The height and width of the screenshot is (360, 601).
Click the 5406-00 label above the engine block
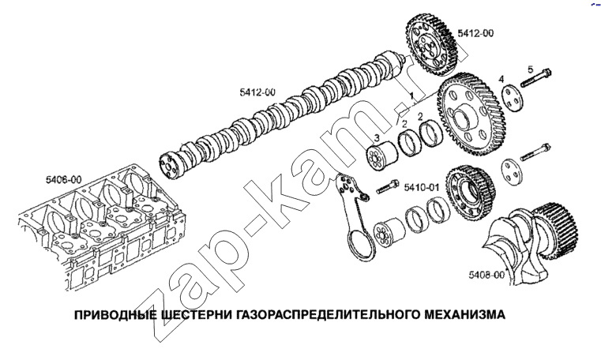[64, 180]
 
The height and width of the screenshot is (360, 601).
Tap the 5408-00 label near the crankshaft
[486, 275]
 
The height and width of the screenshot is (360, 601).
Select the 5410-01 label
[422, 187]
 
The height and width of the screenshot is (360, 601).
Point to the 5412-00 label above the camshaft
[257, 92]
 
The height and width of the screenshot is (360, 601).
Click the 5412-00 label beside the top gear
[475, 33]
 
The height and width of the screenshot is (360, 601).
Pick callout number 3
[377, 137]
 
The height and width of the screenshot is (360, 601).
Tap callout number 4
[501, 79]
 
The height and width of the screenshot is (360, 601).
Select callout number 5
[531, 69]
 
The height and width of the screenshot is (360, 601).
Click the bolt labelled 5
[535, 77]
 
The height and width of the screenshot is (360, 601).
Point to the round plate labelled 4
[513, 98]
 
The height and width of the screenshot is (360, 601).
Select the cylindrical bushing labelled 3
[381, 155]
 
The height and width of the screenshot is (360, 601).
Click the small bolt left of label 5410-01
[388, 186]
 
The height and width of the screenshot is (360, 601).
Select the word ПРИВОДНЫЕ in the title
[115, 315]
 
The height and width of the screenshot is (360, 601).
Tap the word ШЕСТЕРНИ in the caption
[196, 315]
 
